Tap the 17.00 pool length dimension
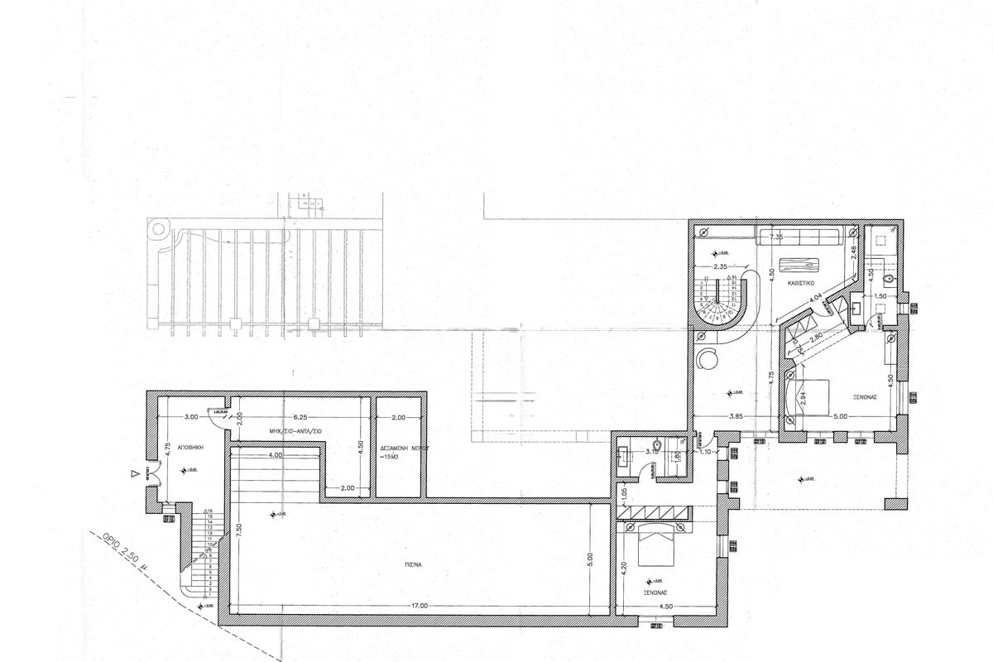419,607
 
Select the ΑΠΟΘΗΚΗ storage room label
189,445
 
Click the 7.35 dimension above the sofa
776,238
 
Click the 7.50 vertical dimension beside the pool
238,530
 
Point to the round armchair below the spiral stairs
709,360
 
